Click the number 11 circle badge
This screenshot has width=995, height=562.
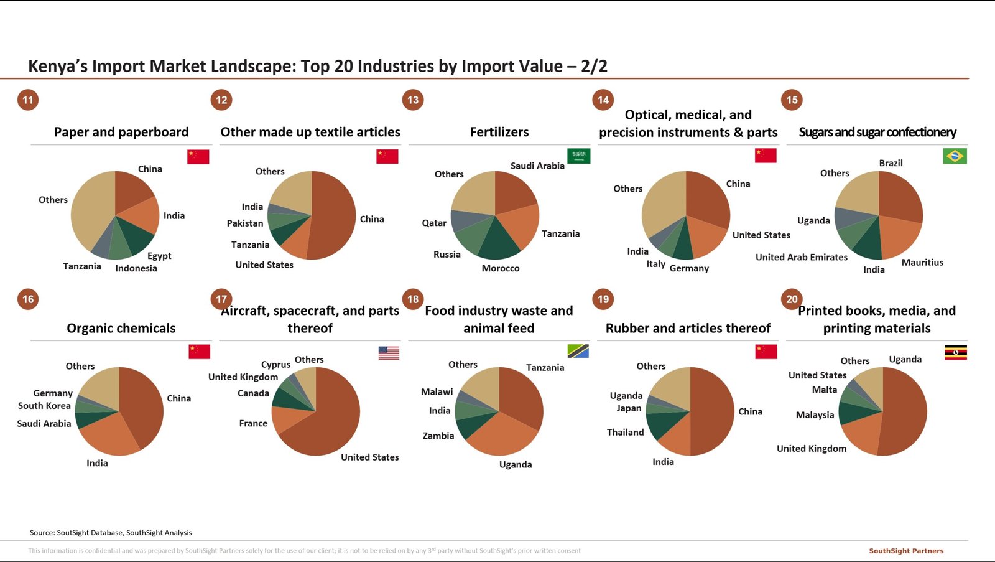click(x=28, y=100)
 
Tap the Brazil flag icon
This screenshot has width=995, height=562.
click(x=955, y=156)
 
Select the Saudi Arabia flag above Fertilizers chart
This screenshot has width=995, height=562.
click(x=578, y=156)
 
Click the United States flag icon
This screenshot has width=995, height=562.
click(x=389, y=353)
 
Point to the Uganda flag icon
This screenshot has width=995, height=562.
click(x=955, y=353)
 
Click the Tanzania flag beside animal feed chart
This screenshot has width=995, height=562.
click(x=578, y=351)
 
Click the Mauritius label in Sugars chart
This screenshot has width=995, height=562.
click(x=922, y=263)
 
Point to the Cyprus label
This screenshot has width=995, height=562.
click(x=275, y=365)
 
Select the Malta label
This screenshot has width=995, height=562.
click(x=824, y=390)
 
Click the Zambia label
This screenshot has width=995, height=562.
click(x=438, y=436)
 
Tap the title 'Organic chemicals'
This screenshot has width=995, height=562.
click(x=121, y=328)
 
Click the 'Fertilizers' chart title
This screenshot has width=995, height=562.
click(x=499, y=132)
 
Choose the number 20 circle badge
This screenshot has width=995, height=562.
click(x=792, y=299)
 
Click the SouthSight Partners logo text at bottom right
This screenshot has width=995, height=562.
click(x=906, y=551)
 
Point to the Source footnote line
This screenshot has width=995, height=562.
click(x=111, y=533)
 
